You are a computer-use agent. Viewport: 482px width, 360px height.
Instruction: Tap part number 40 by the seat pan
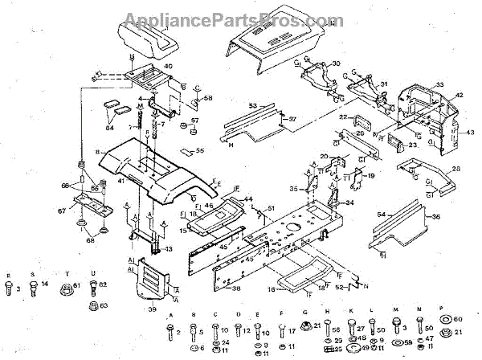pyautogui.click(x=168, y=67)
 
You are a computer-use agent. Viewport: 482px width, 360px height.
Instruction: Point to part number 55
pyautogui.click(x=200, y=150)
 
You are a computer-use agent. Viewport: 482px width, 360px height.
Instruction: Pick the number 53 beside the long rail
pyautogui.click(x=251, y=105)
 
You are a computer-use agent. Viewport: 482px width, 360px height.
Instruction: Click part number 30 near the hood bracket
pyautogui.click(x=336, y=63)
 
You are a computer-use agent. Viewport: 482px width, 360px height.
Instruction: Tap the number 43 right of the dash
pyautogui.click(x=470, y=132)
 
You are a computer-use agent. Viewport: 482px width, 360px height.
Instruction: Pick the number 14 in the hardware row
pyautogui.click(x=45, y=285)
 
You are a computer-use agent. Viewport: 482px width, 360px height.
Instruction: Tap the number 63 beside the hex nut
pyautogui.click(x=102, y=305)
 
